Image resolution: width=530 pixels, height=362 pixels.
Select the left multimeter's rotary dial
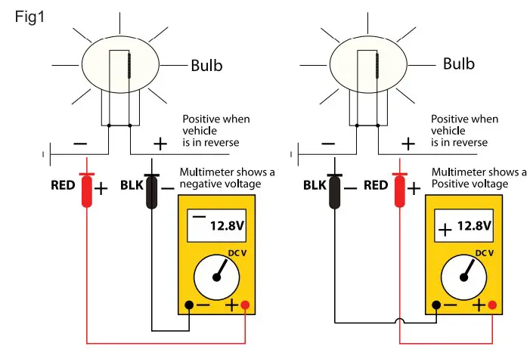pyautogui.click(x=217, y=277)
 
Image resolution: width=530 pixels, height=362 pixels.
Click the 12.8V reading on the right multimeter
pyautogui.click(x=474, y=226)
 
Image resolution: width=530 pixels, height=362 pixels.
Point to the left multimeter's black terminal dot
pyautogui.click(x=189, y=305)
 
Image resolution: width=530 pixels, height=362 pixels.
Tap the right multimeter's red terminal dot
pyautogui.click(x=493, y=305)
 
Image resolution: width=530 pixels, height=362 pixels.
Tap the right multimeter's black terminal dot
pyautogui.click(x=435, y=305)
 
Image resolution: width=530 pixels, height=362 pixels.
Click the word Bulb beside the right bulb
pyautogui.click(x=459, y=63)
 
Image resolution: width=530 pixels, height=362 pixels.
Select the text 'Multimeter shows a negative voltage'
pyautogui.click(x=227, y=178)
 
